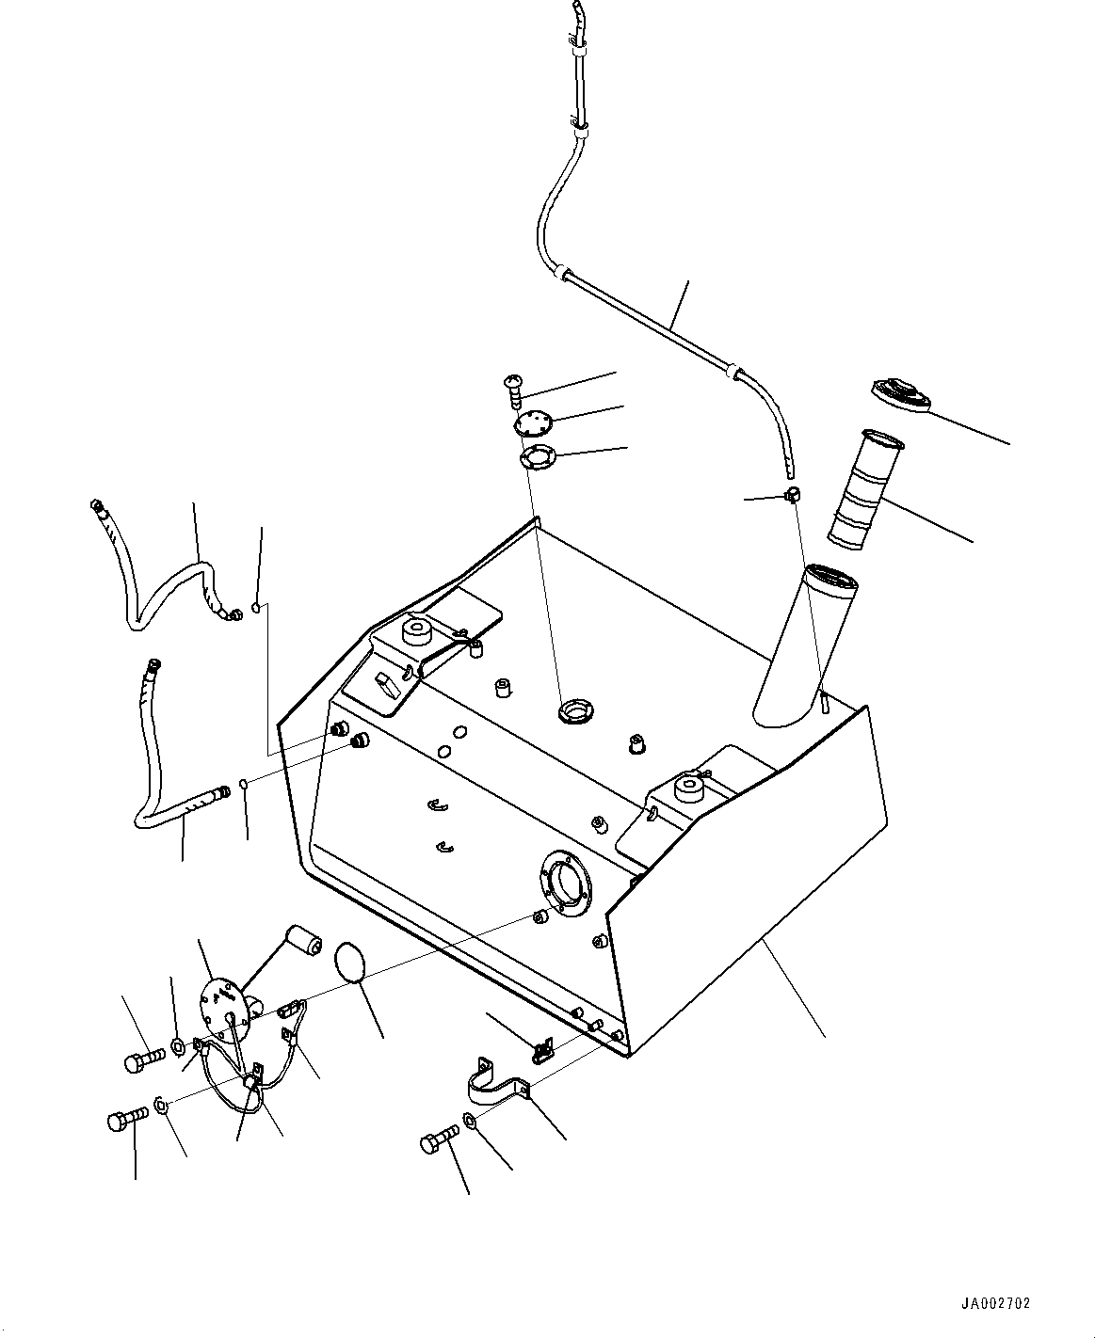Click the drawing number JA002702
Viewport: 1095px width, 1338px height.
click(x=995, y=1298)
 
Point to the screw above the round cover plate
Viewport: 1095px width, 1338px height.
click(x=512, y=391)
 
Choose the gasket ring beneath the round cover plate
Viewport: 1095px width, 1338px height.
click(x=538, y=457)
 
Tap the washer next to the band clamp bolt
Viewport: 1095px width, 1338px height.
click(x=471, y=1121)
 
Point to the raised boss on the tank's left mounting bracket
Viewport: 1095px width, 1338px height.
click(x=416, y=632)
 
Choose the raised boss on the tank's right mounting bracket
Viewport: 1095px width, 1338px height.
click(x=688, y=790)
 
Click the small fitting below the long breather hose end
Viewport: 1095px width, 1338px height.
click(x=792, y=494)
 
